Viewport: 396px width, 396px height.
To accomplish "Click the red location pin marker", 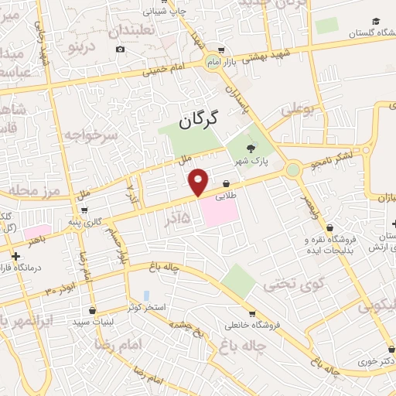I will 199,180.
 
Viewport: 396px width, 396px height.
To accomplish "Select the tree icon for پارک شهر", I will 250,148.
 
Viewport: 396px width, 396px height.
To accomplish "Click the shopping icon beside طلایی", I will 226,184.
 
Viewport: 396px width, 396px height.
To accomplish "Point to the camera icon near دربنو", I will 120,49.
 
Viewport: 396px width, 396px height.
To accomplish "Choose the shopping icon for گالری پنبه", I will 83,210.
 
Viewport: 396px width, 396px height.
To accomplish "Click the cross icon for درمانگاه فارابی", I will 15,255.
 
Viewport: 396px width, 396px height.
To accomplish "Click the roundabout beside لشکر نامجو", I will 293,169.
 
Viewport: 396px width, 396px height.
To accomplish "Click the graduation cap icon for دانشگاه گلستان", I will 376,22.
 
